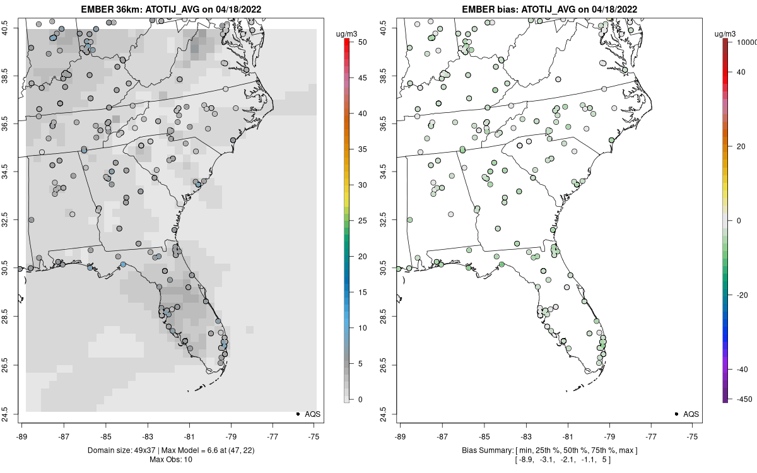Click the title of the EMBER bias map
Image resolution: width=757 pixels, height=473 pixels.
pyautogui.click(x=549, y=9)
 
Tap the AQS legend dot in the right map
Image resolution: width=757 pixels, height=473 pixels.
pyautogui.click(x=676, y=414)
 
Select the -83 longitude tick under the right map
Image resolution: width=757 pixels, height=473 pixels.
pyautogui.click(x=525, y=435)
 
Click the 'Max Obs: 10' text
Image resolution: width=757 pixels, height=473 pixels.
pyautogui.click(x=171, y=459)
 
